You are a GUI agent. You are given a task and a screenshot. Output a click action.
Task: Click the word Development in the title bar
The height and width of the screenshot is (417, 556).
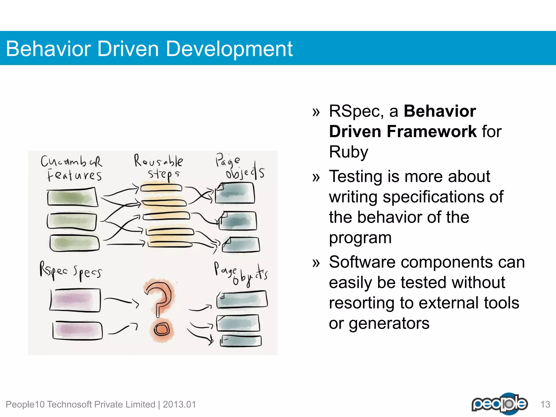pos(229,49)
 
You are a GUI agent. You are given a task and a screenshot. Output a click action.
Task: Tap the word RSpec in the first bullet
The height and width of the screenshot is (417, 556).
pos(356,111)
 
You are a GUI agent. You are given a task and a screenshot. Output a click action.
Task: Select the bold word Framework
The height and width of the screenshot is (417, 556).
pos(432,132)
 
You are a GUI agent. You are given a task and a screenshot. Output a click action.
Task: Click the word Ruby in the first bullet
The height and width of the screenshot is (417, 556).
pos(349,152)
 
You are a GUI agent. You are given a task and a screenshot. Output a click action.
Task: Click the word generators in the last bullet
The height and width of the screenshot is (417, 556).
pos(389,324)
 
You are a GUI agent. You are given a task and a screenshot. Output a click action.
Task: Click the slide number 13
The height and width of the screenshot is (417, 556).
pos(545,405)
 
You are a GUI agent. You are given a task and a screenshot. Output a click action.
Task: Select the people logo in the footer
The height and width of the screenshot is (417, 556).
pos(500,404)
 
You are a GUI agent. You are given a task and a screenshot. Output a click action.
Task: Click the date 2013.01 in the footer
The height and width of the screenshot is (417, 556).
pos(179,405)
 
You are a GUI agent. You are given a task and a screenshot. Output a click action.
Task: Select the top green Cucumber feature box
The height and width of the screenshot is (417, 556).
pos(72,197)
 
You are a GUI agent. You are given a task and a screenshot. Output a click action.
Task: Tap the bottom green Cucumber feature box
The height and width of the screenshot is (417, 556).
pos(74,243)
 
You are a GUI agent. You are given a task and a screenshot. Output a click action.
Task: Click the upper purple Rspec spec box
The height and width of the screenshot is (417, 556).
pos(75,300)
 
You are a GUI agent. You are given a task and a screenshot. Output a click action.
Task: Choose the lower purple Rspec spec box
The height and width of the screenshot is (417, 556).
pos(77,330)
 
